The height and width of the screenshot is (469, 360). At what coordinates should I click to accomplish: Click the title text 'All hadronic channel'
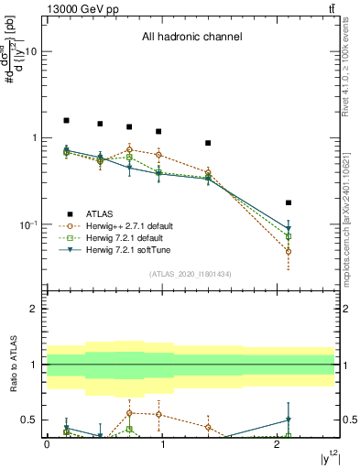pyautogui.click(x=191, y=38)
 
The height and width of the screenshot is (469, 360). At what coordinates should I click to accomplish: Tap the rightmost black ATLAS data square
pyautogui.click(x=289, y=202)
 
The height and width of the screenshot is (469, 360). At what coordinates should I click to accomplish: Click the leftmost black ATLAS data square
pyautogui.click(x=66, y=120)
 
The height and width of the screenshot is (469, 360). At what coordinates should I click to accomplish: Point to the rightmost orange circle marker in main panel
pyautogui.click(x=289, y=251)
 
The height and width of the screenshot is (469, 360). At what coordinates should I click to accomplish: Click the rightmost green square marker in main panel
pyautogui.click(x=289, y=236)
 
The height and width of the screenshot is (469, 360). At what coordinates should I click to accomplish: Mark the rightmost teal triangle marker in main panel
pyautogui.click(x=289, y=228)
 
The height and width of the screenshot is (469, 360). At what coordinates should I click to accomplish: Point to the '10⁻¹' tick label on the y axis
pyautogui.click(x=27, y=224)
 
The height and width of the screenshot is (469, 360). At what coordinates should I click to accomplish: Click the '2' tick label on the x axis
pyautogui.click(x=278, y=444)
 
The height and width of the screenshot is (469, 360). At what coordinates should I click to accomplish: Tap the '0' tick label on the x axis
pyautogui.click(x=47, y=444)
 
